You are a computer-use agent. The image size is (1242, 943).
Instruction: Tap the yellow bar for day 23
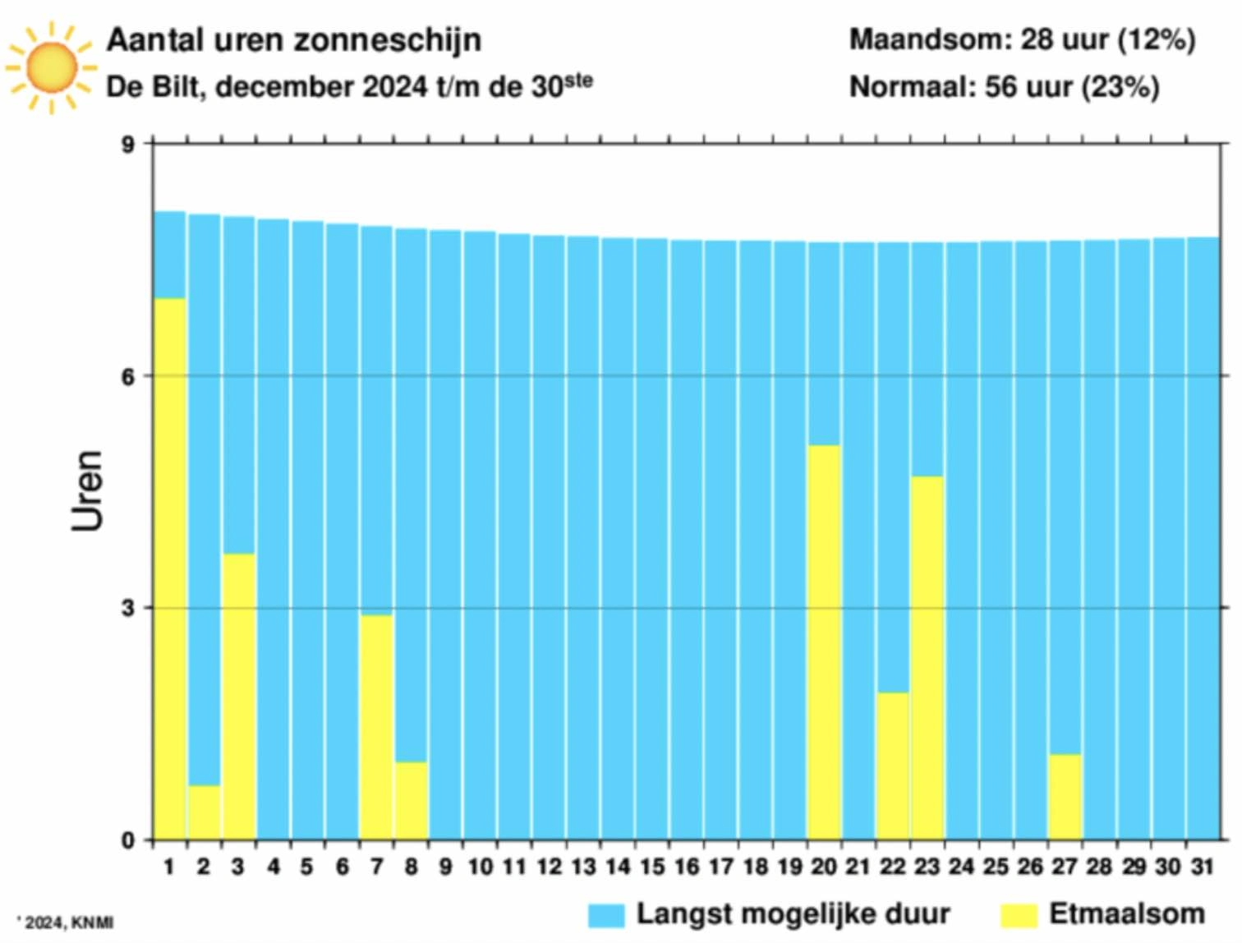point(927,658)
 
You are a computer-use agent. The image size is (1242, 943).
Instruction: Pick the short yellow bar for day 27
point(1065,797)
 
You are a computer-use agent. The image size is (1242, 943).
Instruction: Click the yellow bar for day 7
point(376,728)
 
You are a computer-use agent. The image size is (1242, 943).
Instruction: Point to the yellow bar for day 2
point(204,812)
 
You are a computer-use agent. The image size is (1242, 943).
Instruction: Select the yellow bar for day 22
point(892,766)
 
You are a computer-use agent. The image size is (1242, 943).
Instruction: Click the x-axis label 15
point(652,867)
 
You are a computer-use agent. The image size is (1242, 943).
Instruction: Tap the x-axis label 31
point(1203,867)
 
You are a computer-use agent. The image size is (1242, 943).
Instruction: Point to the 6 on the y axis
point(128,376)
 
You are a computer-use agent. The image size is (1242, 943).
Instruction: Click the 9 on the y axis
point(128,145)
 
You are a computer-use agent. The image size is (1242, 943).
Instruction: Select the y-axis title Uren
point(87,490)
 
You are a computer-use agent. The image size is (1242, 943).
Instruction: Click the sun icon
point(51,67)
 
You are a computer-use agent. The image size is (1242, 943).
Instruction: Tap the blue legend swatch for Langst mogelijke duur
point(606,915)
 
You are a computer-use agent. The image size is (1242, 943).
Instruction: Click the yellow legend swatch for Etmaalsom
point(1019,915)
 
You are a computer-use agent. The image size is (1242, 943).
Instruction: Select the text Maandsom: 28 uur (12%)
point(1022,39)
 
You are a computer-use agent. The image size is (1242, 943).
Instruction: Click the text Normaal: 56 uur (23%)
point(1004,86)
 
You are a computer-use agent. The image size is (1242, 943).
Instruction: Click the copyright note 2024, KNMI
point(69,922)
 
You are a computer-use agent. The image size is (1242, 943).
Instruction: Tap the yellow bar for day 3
point(239,697)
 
